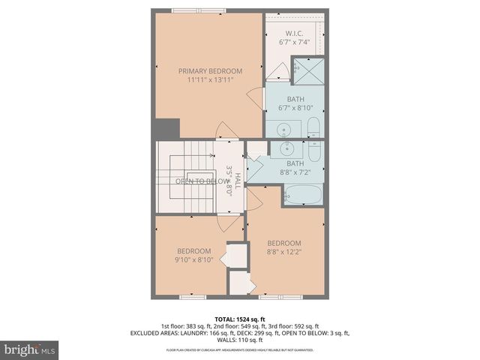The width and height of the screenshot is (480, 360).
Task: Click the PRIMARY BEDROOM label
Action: point(210,70)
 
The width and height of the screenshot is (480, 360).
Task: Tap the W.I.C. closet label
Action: point(293,32)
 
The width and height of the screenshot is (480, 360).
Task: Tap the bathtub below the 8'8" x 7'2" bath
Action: point(302,195)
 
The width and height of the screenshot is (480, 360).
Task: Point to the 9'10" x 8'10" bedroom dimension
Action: point(194,260)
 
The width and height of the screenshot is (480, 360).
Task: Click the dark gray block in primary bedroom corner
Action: point(172,128)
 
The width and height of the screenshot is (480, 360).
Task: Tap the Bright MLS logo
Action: point(30,349)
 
